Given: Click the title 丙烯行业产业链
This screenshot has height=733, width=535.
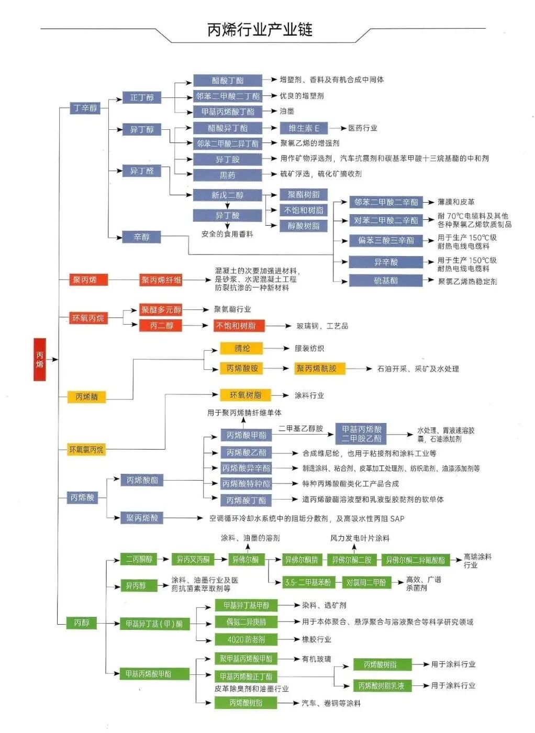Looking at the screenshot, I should pos(260,29).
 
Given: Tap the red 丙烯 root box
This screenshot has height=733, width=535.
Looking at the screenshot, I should pos(40,359).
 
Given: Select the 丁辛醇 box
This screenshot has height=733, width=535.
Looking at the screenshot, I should pos(85,108).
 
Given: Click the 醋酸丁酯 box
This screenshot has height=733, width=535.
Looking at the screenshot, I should pos(227,81).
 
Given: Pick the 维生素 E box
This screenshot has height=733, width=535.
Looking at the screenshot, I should pos(304,128).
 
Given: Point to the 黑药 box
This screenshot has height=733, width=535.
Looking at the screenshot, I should pos(227,175).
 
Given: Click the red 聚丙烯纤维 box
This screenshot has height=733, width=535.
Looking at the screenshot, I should pos(161,280).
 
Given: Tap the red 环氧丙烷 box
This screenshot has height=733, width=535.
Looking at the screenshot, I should pos(88,318).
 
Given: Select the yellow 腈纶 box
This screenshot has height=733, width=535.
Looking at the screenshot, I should pos(241,348).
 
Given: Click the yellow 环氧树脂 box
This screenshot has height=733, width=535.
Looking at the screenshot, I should pos(245,395).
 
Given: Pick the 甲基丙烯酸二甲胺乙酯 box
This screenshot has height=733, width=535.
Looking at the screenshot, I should pos(362,434).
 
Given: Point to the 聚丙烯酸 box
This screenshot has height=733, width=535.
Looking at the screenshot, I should pos(141,518).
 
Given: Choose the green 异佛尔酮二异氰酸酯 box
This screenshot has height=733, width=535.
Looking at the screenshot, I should pos(415,560).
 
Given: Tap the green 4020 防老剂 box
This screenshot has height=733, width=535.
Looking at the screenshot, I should pos(246,639).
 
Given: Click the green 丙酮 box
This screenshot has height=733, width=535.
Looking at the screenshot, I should pos(81,623).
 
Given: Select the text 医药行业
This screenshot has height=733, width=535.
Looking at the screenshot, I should pos(363,128).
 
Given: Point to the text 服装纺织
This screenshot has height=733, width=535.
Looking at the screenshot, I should pos(309,348).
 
